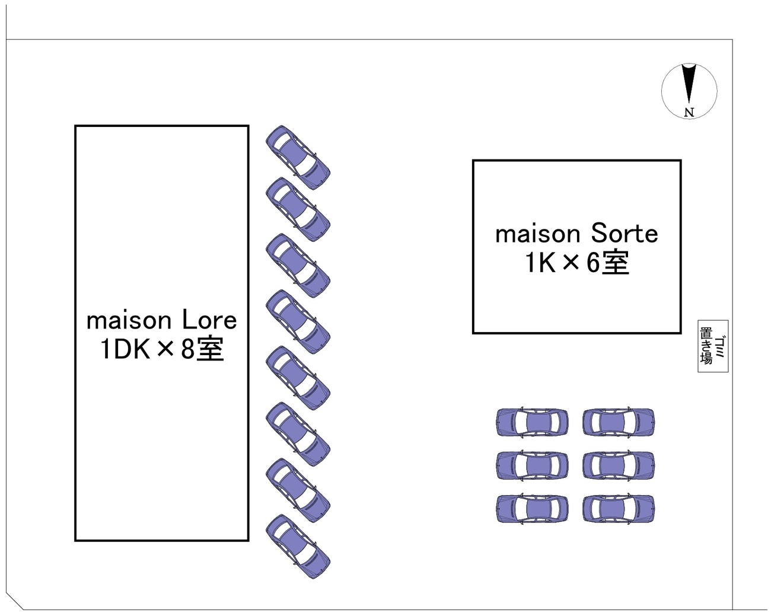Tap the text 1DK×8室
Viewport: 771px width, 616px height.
click(x=161, y=350)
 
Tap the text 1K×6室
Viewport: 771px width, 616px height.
click(x=576, y=263)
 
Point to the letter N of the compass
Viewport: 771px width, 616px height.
click(x=689, y=112)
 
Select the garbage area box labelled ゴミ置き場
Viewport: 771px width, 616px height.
click(x=712, y=346)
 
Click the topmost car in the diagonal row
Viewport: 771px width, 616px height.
click(x=298, y=157)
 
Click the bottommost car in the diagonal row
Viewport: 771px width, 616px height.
click(x=298, y=546)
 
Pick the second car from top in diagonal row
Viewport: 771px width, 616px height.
click(x=298, y=209)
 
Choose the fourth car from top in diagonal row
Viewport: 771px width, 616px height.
click(x=298, y=322)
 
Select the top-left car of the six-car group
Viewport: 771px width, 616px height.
click(x=532, y=423)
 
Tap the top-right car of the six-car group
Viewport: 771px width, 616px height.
click(x=619, y=423)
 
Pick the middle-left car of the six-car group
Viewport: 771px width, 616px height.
click(x=532, y=465)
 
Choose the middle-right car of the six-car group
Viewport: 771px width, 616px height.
click(x=619, y=465)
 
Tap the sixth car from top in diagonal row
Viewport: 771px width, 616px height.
click(x=298, y=434)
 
